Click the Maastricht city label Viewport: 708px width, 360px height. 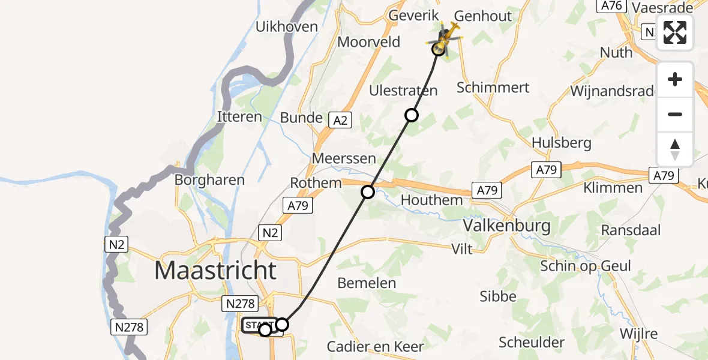click(215, 271)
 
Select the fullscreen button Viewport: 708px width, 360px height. click(675, 32)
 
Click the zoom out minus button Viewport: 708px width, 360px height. click(675, 114)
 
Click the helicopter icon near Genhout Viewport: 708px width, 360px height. click(444, 39)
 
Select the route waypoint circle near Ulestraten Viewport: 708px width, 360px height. click(411, 115)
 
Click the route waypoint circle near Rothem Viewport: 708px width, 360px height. click(368, 192)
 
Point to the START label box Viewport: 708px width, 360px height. click(258, 325)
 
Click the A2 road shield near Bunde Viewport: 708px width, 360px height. click(340, 120)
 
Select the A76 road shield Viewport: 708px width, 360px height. click(610, 5)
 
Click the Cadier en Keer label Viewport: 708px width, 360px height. click(376, 346)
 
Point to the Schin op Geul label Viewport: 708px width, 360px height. click(586, 266)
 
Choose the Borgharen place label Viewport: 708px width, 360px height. click(209, 179)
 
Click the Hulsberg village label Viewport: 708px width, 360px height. click(562, 143)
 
